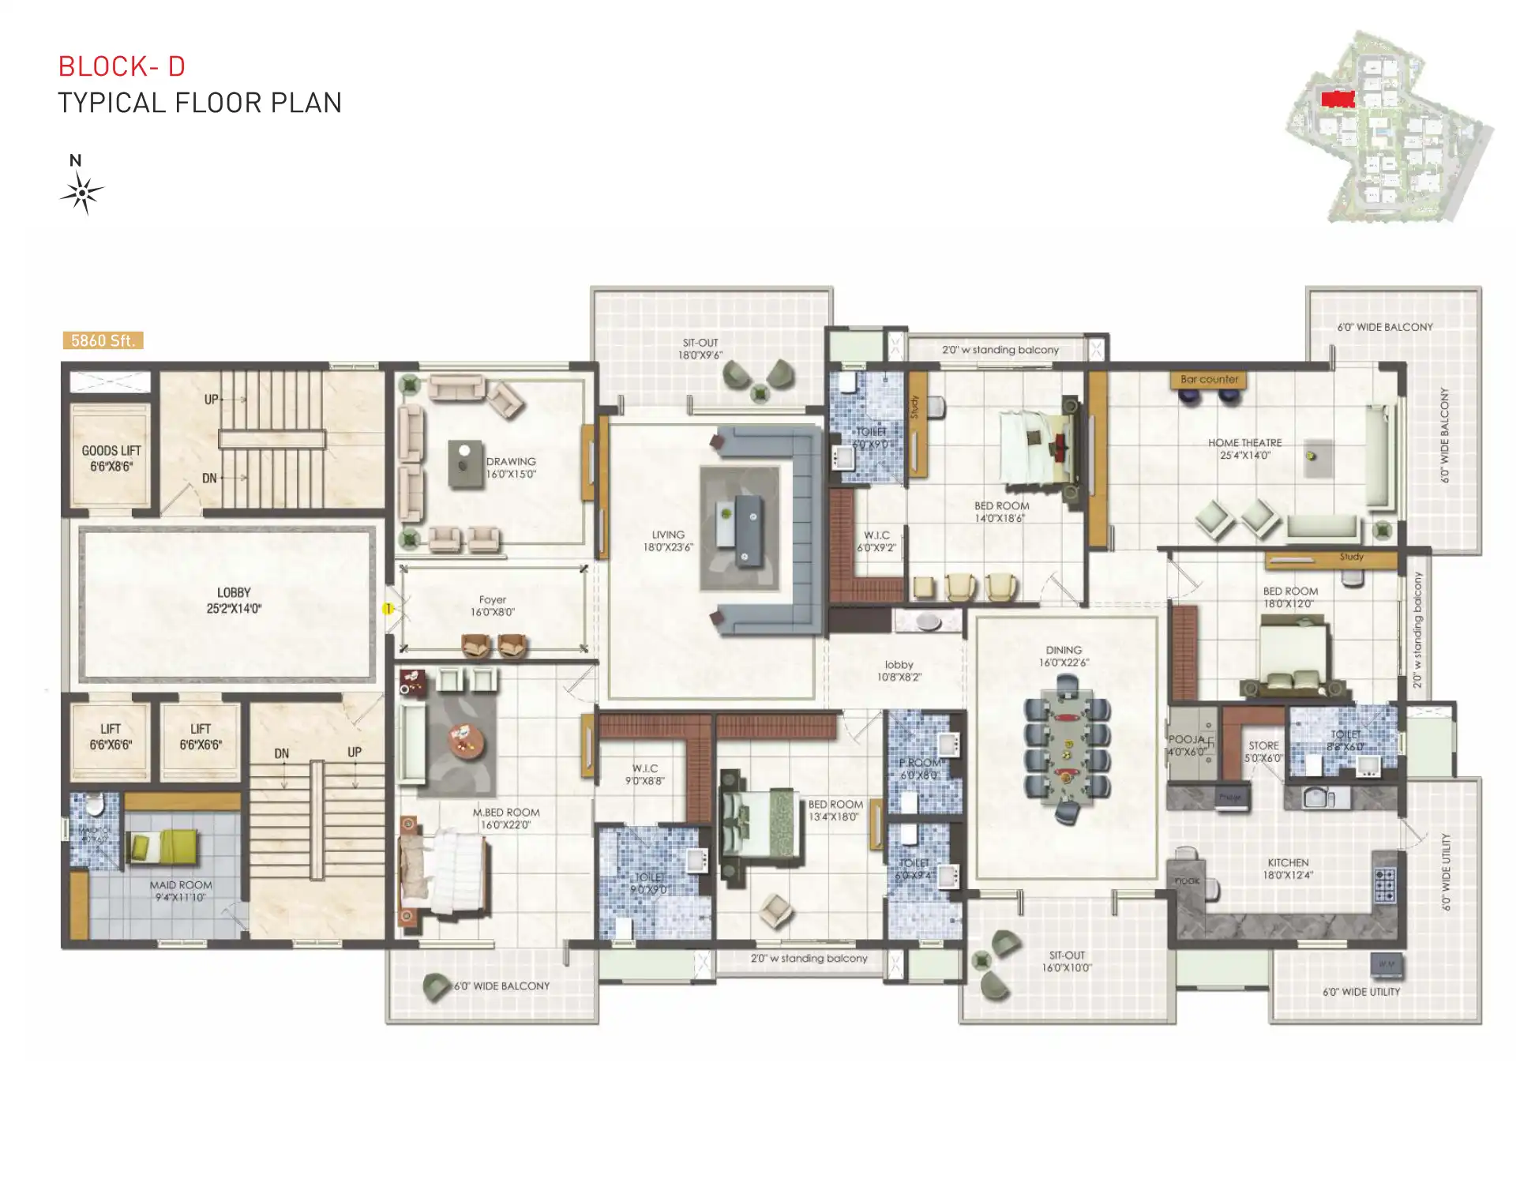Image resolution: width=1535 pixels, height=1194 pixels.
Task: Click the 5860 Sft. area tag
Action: (x=103, y=340)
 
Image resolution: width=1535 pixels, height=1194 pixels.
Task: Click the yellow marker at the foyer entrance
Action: (x=388, y=609)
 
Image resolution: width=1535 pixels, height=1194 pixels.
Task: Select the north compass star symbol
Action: (x=81, y=193)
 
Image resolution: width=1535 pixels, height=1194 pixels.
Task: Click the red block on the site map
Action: (x=1338, y=99)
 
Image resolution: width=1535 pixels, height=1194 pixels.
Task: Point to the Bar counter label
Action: (x=1208, y=380)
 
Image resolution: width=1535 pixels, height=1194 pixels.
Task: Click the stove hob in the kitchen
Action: (x=1384, y=885)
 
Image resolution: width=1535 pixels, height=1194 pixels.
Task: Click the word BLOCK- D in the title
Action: (x=122, y=67)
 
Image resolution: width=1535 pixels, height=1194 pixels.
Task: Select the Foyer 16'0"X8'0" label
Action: (x=492, y=606)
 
